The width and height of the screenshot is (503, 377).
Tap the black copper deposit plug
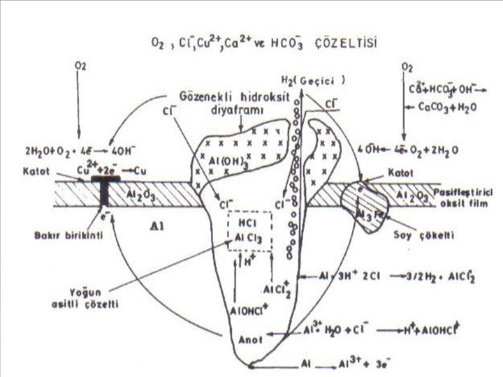click(x=105, y=194)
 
